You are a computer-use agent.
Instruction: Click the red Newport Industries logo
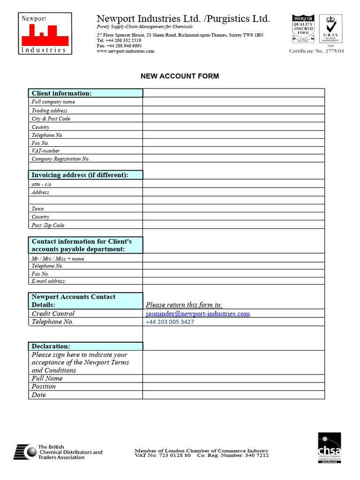(45, 33)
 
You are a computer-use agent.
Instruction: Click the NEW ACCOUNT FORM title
(180, 76)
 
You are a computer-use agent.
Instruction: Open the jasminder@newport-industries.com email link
(197, 314)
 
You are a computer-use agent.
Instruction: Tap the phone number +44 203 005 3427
(170, 322)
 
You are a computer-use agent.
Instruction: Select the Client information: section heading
(61, 93)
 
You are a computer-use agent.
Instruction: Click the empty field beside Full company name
(233, 102)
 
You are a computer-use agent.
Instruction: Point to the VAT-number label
(45, 151)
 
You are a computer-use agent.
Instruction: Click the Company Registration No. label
(60, 159)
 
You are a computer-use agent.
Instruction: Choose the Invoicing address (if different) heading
(80, 175)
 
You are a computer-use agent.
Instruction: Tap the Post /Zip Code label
(48, 225)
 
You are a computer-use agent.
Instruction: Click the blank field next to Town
(233, 209)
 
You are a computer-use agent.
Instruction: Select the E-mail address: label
(49, 281)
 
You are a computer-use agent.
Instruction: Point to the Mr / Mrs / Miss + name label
(58, 259)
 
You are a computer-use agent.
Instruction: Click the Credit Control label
(53, 314)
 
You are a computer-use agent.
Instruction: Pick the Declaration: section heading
(51, 346)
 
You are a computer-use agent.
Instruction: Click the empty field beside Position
(233, 387)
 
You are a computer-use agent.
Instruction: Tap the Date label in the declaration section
(39, 395)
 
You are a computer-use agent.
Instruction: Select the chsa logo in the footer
(330, 448)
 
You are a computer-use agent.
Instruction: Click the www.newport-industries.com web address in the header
(125, 51)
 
